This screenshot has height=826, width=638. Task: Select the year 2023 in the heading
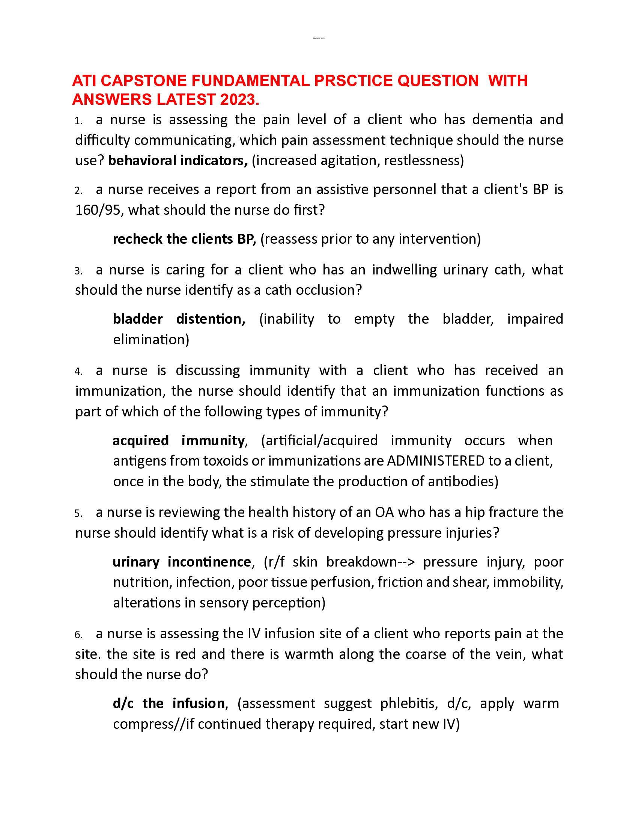click(x=237, y=99)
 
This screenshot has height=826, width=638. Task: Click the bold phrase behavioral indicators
click(x=178, y=161)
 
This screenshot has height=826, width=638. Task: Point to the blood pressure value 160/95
click(x=98, y=210)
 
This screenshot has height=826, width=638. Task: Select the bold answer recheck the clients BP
click(x=184, y=240)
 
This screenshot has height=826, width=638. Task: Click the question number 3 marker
click(x=78, y=271)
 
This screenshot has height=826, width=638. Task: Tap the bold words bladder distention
click(x=179, y=319)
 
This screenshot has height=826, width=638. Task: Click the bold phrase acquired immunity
click(x=179, y=441)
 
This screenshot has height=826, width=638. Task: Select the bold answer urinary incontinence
click(x=182, y=562)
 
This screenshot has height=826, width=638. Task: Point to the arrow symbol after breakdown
click(x=406, y=562)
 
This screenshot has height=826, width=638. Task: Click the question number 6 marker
click(x=78, y=635)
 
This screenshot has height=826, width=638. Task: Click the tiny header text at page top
click(x=319, y=38)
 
